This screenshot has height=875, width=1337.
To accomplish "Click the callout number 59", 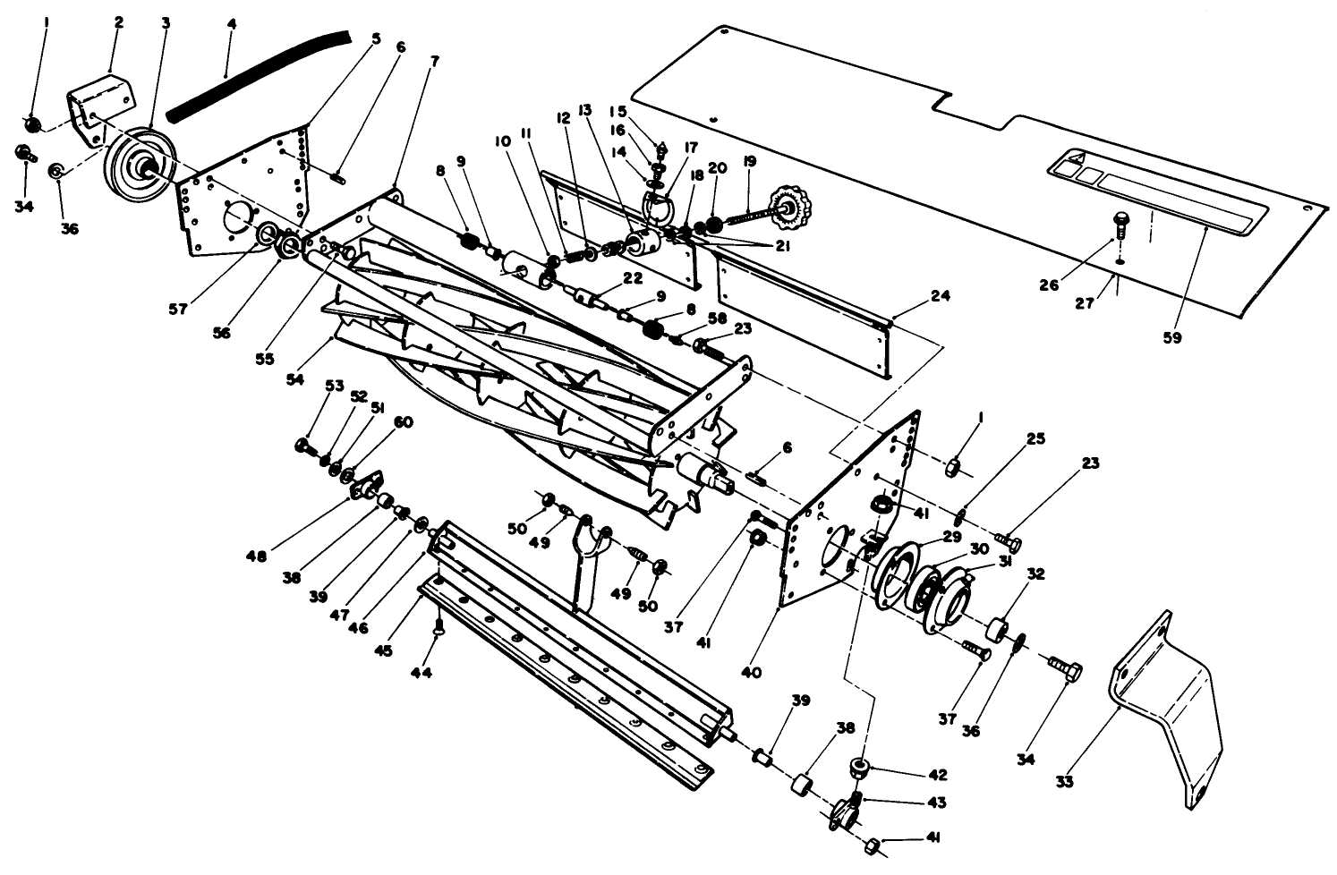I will [x=1171, y=338].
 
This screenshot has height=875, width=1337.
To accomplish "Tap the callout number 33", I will [x=1063, y=780].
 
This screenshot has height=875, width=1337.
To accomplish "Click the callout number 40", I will [x=752, y=672].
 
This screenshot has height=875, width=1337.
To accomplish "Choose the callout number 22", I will [x=633, y=278].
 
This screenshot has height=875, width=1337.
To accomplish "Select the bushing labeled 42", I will [x=861, y=767].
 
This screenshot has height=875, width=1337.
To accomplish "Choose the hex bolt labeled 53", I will [x=302, y=445].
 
